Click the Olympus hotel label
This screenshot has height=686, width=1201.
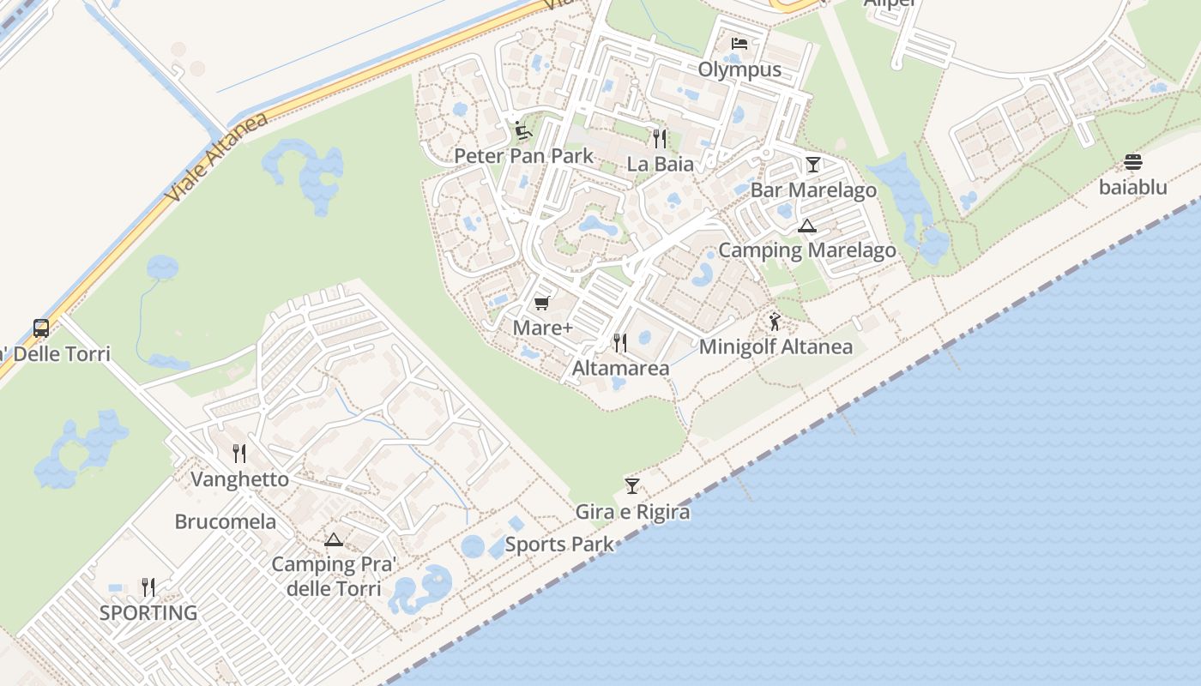pos(739,69)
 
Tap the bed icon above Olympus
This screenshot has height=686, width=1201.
pos(739,44)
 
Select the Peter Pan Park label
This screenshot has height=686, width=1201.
pos(523,156)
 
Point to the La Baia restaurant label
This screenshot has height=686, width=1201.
pos(660,163)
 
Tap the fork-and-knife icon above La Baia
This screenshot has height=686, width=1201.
pos(659,138)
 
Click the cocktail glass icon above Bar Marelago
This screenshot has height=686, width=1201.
pos(812,165)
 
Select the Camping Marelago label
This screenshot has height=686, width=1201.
pos(806,250)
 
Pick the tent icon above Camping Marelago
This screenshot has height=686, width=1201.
pos(806,226)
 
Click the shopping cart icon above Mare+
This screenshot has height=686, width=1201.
pos(541,304)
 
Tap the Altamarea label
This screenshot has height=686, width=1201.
pos(620,369)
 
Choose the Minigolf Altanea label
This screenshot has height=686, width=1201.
pos(776,347)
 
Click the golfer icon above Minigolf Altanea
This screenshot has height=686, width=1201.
pos(776,322)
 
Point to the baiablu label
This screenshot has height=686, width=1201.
pos(1132,187)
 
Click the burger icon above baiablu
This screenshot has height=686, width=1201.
pos(1132,162)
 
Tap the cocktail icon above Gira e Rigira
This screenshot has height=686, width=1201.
pos(632,486)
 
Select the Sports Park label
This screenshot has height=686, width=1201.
pos(559,545)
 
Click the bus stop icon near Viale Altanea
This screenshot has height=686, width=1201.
pos(40,328)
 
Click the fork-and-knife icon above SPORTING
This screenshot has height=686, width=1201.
pos(148,587)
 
